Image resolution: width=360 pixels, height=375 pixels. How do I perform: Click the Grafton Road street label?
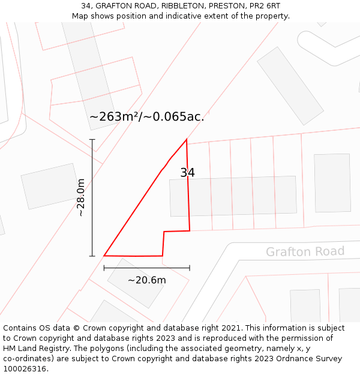click(x=305, y=251)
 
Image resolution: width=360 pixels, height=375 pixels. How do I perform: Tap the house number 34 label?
click(x=187, y=173)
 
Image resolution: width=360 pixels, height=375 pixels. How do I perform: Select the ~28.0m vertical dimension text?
click(x=81, y=197)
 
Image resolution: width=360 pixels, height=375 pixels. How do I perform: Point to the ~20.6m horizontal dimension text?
click(x=146, y=280)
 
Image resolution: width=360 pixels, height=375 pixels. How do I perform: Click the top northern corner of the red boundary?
click(x=187, y=140)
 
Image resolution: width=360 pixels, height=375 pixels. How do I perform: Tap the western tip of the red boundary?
click(x=104, y=256)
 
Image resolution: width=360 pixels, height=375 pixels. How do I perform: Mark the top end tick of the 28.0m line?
click(x=92, y=139)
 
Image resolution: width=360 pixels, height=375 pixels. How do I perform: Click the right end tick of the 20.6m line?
click(x=190, y=268)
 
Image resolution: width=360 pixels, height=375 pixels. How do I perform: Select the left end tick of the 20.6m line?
click(x=104, y=268)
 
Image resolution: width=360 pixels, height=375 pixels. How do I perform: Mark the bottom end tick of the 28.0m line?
click(x=92, y=256)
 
